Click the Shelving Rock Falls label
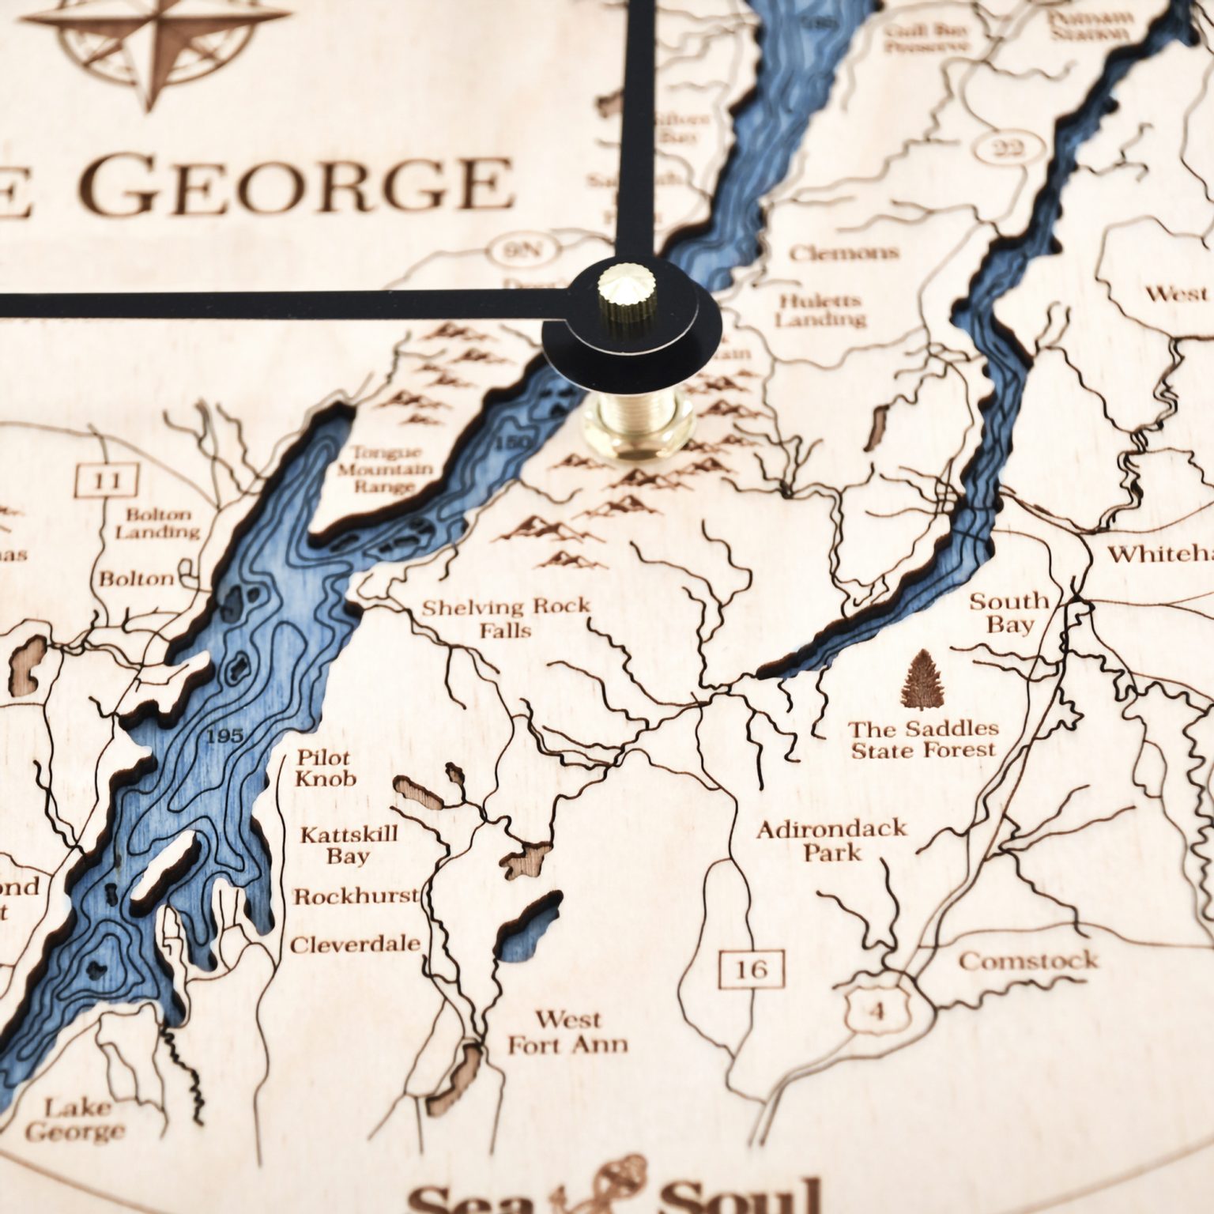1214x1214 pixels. tap(506, 618)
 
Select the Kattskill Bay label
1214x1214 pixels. tap(349, 844)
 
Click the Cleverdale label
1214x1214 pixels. tap(356, 944)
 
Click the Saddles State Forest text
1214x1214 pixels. tap(923, 738)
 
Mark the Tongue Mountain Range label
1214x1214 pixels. tap(392, 469)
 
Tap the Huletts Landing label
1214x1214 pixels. tap(819, 310)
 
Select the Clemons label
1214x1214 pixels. tap(843, 253)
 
